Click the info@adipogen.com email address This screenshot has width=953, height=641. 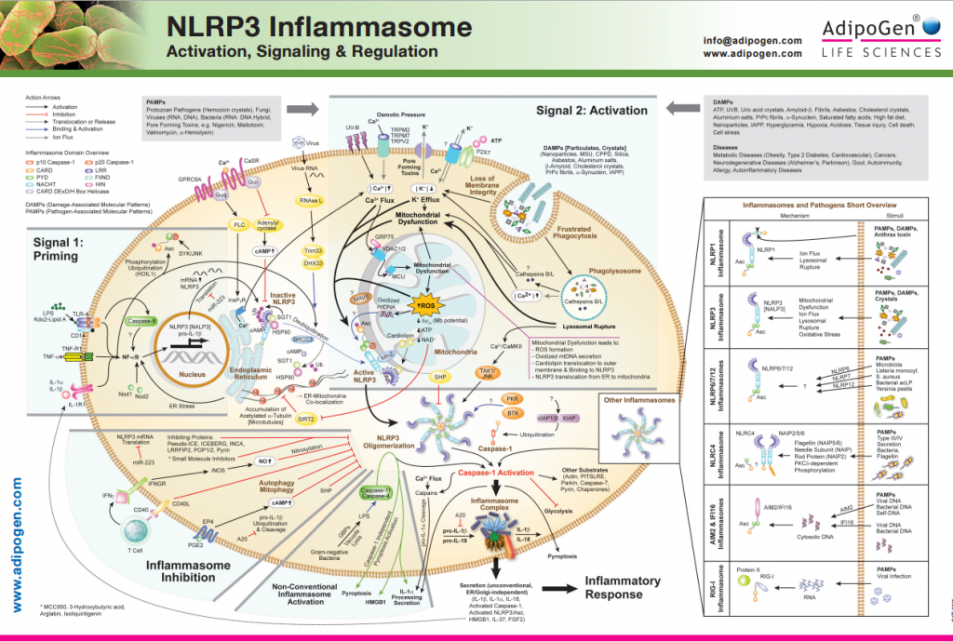click(752, 40)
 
